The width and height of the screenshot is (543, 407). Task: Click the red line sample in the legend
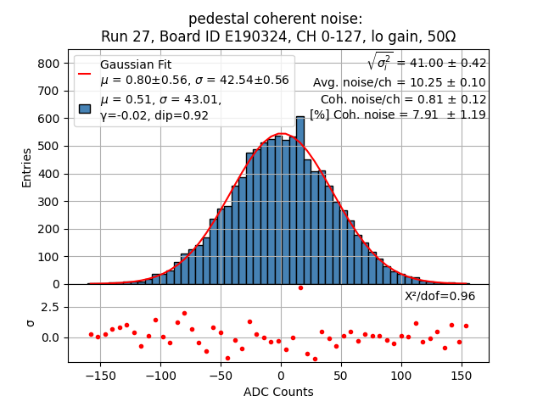tap(85, 73)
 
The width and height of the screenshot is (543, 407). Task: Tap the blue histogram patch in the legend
tap(85, 108)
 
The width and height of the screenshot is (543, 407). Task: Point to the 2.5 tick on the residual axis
tap(49, 307)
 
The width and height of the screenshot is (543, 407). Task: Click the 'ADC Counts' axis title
tap(278, 392)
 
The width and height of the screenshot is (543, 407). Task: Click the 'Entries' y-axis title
tap(26, 167)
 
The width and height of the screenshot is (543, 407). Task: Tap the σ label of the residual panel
tap(31, 323)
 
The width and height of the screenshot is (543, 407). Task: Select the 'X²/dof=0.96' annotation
tap(439, 296)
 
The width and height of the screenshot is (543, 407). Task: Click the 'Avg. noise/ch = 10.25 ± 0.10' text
tap(399, 82)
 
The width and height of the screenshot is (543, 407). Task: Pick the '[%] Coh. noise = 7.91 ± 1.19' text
tap(397, 114)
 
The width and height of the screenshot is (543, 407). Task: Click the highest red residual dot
tap(300, 288)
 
